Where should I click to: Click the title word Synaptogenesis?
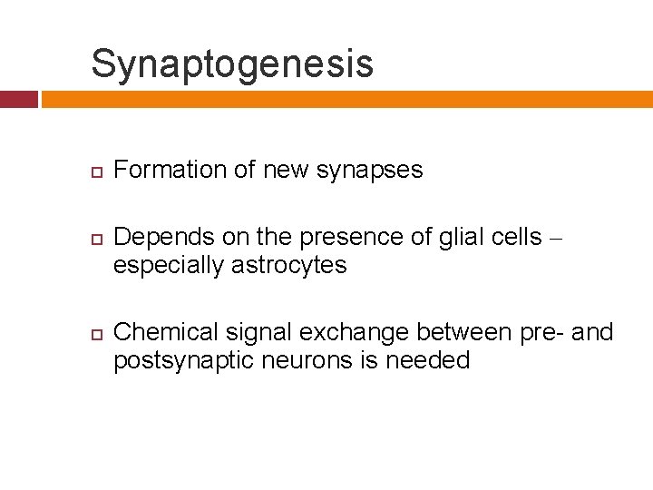pyautogui.click(x=232, y=64)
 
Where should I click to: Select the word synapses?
pyautogui.click(x=369, y=170)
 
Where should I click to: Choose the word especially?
pyautogui.click(x=169, y=265)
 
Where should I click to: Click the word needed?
pyautogui.click(x=428, y=360)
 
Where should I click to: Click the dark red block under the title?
pyautogui.click(x=18, y=99)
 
